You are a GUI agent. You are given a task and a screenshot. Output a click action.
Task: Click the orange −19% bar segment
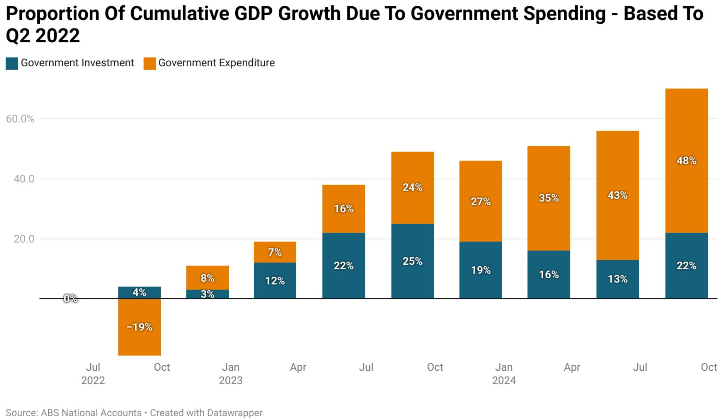pyautogui.click(x=139, y=327)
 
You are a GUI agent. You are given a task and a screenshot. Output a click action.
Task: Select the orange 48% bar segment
pyautogui.click(x=686, y=161)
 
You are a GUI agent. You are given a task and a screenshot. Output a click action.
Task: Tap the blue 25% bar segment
pyautogui.click(x=412, y=261)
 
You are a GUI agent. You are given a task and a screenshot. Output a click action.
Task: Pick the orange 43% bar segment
pyautogui.click(x=617, y=195)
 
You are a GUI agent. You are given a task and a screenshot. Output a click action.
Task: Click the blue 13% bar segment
pyautogui.click(x=617, y=279)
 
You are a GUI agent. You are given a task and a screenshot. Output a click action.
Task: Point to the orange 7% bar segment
pyautogui.click(x=275, y=252)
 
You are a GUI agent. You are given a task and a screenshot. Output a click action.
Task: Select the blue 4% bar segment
pyautogui.click(x=139, y=292)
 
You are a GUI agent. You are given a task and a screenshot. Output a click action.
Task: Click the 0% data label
pyautogui.click(x=70, y=299)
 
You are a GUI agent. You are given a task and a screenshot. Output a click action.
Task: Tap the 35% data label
pyautogui.click(x=549, y=198)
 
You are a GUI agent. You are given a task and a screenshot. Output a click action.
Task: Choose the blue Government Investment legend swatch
pyautogui.click(x=12, y=64)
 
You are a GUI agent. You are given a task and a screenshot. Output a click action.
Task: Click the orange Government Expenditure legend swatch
pyautogui.click(x=150, y=64)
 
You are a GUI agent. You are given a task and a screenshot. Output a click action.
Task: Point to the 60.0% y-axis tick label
pyautogui.click(x=20, y=119)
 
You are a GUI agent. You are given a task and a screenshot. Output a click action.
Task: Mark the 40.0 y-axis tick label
pyautogui.click(x=24, y=179)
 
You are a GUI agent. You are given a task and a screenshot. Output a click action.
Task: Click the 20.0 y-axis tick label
pyautogui.click(x=24, y=239)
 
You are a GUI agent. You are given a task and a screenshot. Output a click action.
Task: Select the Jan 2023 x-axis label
pyautogui.click(x=231, y=374)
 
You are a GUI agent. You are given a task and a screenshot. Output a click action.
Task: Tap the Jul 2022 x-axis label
pyautogui.click(x=93, y=374)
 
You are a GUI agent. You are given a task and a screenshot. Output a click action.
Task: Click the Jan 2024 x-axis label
pyautogui.click(x=504, y=374)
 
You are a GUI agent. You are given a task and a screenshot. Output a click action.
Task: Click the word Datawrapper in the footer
pyautogui.click(x=235, y=413)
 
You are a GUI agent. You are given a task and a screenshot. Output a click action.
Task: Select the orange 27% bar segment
pyautogui.click(x=480, y=202)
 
